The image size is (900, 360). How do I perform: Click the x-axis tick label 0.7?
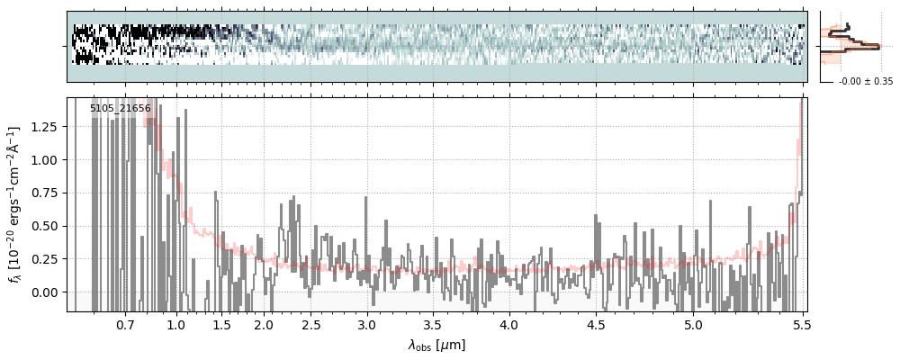[x=125, y=324]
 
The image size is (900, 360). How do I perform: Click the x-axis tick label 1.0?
[x=175, y=324]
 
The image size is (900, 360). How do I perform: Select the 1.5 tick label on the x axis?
[x=221, y=324]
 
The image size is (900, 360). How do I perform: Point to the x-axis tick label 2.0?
[x=263, y=324]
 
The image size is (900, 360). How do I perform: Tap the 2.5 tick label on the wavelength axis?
[x=310, y=324]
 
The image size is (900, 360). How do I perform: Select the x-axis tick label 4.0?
[x=508, y=324]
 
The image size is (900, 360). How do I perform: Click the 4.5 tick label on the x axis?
[x=596, y=324]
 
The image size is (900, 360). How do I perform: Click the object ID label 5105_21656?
[x=121, y=109]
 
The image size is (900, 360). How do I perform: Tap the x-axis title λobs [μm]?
[x=436, y=345]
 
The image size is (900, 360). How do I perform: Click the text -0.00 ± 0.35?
[x=866, y=82]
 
